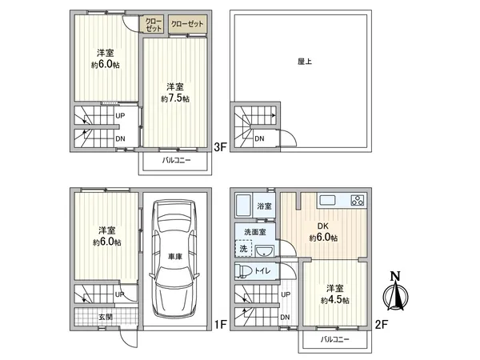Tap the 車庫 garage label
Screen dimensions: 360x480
coord(176,256)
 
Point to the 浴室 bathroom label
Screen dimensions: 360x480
coord(264,206)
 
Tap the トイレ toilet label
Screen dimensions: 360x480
coord(264,271)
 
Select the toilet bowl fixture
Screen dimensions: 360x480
coord(246,270)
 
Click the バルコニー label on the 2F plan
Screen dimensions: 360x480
coord(336,340)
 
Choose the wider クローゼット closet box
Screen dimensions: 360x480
coord(186,24)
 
